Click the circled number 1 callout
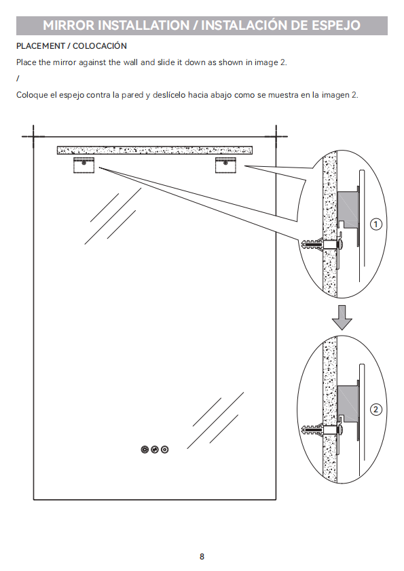pyautogui.click(x=376, y=224)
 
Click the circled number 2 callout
pyautogui.click(x=376, y=410)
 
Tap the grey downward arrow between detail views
pyautogui.click(x=342, y=317)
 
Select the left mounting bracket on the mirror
pyautogui.click(x=84, y=165)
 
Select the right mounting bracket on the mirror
pyautogui.click(x=225, y=165)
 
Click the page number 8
pyautogui.click(x=202, y=557)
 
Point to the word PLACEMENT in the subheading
pyautogui.click(x=41, y=46)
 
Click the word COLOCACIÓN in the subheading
pyautogui.click(x=100, y=46)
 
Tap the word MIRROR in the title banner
pyautogui.click(x=69, y=25)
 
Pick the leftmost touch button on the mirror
pyautogui.click(x=145, y=450)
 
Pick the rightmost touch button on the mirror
pyautogui.click(x=165, y=450)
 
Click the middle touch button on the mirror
pyautogui.click(x=155, y=450)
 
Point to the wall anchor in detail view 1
pyautogui.click(x=313, y=244)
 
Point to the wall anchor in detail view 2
pyautogui.click(x=313, y=431)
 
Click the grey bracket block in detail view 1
pyautogui.click(x=348, y=209)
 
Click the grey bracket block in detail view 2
pyautogui.click(x=348, y=402)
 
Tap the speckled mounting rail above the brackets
pyautogui.click(x=155, y=150)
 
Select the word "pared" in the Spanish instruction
pyautogui.click(x=132, y=95)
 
